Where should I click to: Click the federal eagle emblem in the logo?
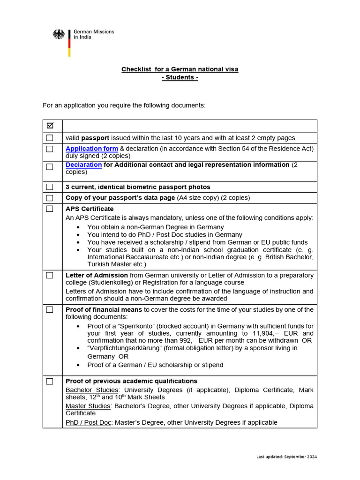(59, 35)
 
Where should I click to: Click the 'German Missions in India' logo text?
(93, 34)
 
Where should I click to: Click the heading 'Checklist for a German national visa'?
(180, 69)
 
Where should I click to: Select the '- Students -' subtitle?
(180, 77)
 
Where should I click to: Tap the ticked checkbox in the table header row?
(50, 126)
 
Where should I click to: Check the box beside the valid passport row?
(50, 138)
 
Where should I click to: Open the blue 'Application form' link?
(92, 149)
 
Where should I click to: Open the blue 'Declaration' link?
(83, 165)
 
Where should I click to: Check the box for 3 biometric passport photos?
(50, 187)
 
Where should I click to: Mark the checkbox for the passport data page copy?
(50, 198)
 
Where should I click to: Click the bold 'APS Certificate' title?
(90, 209)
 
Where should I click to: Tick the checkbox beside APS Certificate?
(50, 209)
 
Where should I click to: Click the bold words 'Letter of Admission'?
(97, 275)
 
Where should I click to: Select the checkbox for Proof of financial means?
(50, 310)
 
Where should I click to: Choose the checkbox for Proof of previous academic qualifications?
(50, 382)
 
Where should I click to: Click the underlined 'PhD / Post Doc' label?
(88, 422)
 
